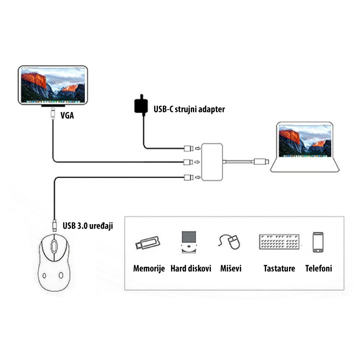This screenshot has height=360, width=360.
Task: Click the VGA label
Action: coord(68,116)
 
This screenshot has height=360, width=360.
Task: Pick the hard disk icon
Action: coord(189,242)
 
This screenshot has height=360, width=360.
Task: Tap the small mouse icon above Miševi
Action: coord(231,242)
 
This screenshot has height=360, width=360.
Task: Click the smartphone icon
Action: coord(318,242)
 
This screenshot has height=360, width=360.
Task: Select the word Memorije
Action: coord(149,268)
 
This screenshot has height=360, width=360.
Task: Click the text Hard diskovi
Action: coord(191,268)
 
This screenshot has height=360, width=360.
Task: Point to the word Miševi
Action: coord(230,268)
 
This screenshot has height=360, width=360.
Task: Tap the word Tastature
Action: coord(279,268)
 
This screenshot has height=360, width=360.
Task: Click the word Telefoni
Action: coord(318,268)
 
